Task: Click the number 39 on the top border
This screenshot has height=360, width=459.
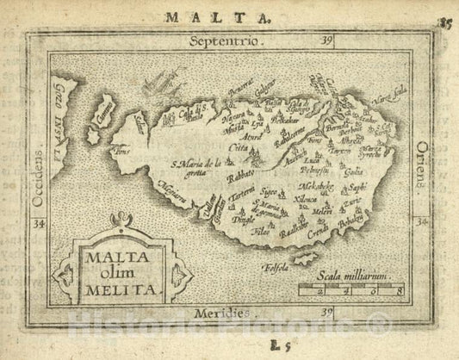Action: coord(325,40)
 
